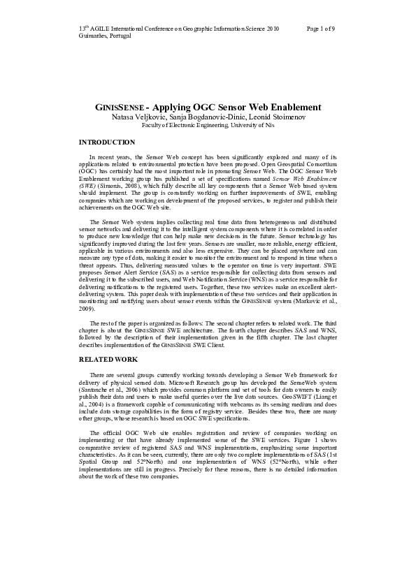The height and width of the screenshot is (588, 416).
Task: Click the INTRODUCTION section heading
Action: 107,142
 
